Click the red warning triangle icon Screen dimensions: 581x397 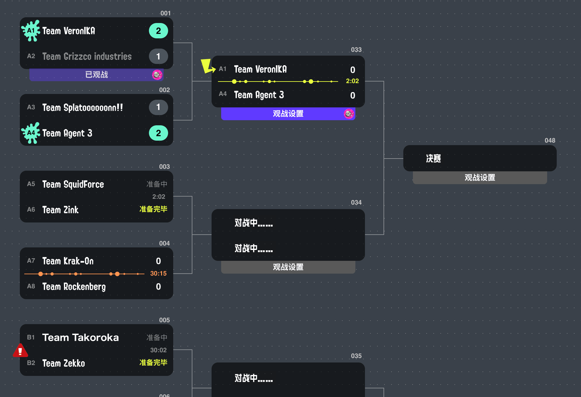(20, 351)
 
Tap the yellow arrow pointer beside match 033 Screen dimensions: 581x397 (207, 66)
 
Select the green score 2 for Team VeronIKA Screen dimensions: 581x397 (158, 31)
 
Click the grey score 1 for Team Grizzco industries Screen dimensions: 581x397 (158, 56)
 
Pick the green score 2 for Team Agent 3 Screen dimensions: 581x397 (158, 133)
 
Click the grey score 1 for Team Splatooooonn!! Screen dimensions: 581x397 (158, 107)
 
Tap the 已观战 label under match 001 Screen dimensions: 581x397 (97, 74)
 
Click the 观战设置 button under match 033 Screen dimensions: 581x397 (288, 113)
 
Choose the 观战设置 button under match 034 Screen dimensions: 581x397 (288, 267)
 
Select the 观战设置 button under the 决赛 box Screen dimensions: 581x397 (480, 177)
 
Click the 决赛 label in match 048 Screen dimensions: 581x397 (433, 158)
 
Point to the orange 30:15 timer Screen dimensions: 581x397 (159, 273)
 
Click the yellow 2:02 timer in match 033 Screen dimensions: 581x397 (352, 81)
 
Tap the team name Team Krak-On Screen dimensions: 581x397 (68, 261)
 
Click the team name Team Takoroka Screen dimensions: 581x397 (81, 337)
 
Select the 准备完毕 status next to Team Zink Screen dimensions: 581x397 (153, 209)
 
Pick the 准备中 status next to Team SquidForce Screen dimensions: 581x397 (157, 184)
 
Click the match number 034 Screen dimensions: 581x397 (356, 202)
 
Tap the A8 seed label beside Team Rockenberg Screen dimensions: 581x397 (31, 286)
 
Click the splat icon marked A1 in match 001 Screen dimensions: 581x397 (31, 31)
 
